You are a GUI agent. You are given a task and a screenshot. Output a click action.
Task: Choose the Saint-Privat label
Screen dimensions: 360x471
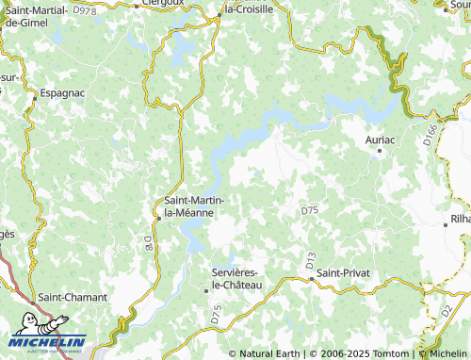(344, 272)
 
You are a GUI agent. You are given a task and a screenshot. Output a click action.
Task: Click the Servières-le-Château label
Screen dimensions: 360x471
(235, 278)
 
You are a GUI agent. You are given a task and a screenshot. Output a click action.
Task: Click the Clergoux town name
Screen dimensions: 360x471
(160, 4)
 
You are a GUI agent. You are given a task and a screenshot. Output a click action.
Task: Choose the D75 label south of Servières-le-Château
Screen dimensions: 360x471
(216, 314)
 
